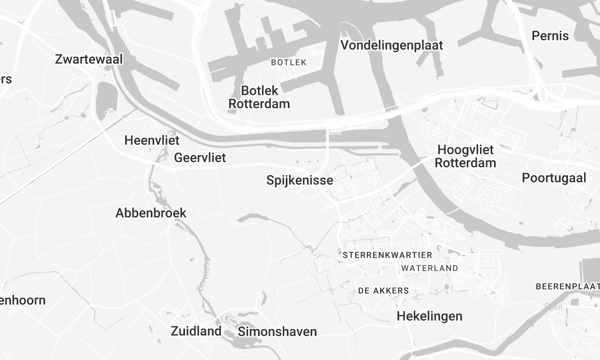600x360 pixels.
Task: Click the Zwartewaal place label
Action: [89, 60]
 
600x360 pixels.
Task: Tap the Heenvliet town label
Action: [150, 140]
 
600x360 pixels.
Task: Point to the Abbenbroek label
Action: [151, 213]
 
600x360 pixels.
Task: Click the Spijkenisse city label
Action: [300, 181]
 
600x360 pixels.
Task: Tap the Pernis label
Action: [551, 36]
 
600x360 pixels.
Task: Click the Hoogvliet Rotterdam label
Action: [467, 157]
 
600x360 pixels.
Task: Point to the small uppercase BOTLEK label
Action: [288, 63]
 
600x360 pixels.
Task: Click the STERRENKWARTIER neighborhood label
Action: [384, 256]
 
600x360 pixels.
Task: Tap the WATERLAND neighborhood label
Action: [429, 269]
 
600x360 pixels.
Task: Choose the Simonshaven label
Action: [277, 331]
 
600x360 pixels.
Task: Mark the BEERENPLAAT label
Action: [567, 286]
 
